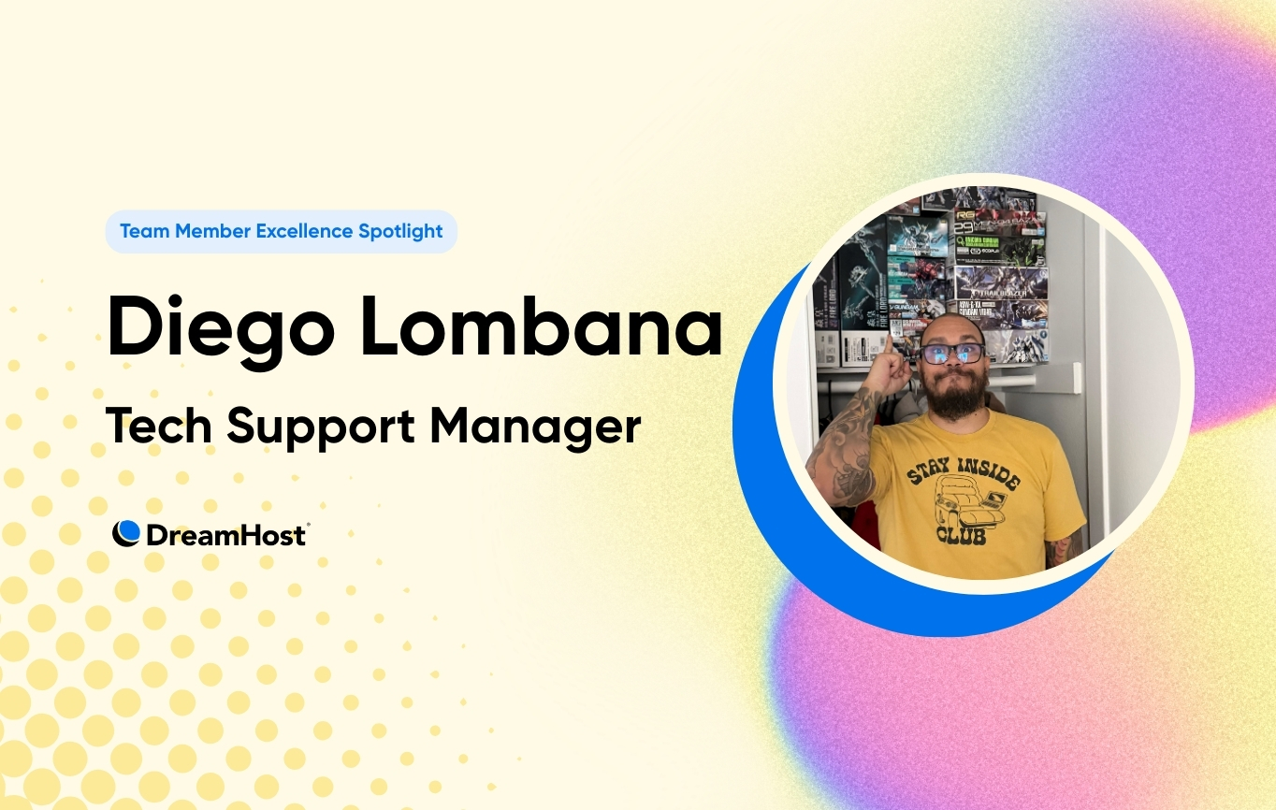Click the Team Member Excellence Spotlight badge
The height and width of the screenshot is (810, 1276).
[x=281, y=231]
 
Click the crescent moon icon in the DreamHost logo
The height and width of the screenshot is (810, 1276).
[x=126, y=533]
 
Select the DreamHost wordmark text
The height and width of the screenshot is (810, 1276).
[x=225, y=534]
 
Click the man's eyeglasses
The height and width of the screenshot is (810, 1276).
[x=951, y=354]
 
